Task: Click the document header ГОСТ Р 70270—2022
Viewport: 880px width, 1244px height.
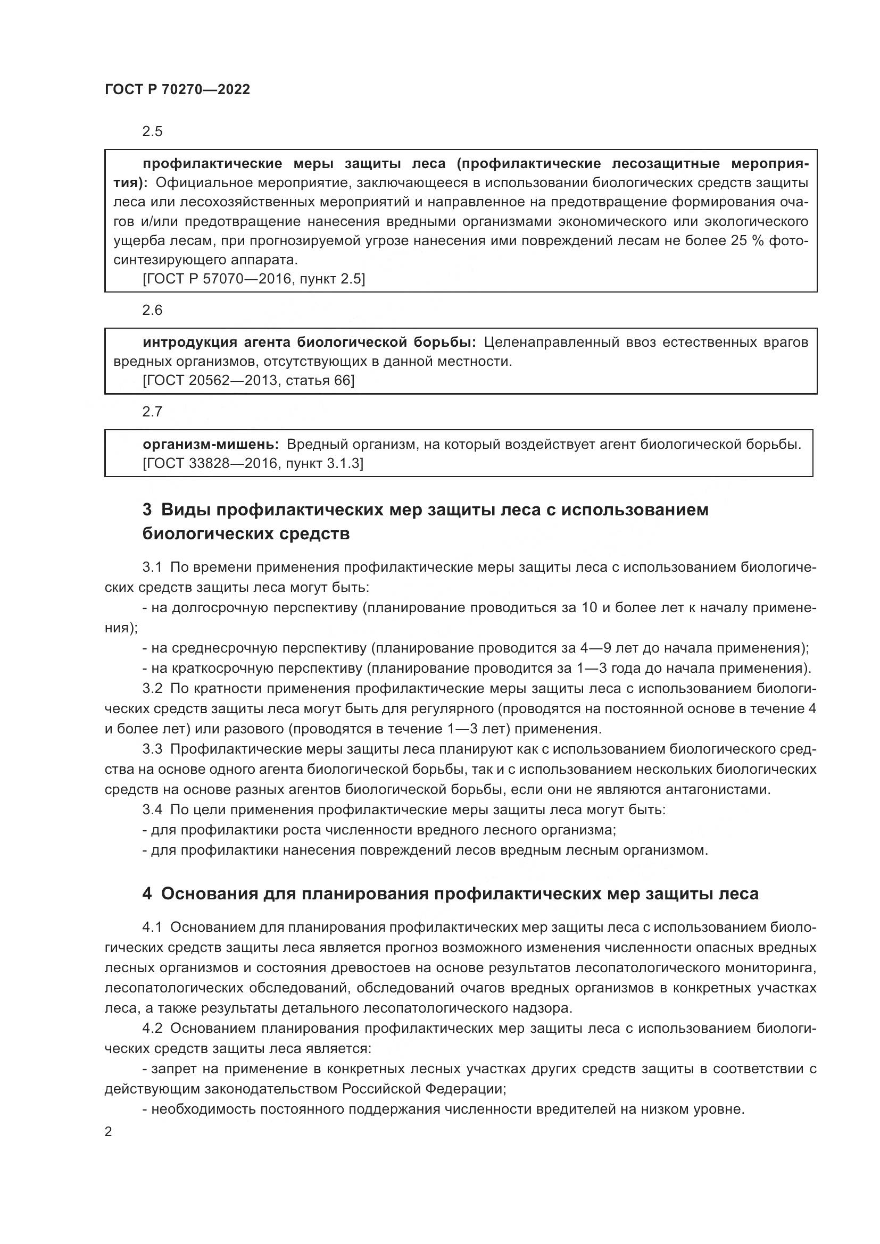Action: pyautogui.click(x=177, y=90)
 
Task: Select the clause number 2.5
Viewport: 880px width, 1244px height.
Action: pyautogui.click(x=152, y=132)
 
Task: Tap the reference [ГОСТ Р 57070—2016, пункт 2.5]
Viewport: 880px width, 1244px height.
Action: pyautogui.click(x=254, y=279)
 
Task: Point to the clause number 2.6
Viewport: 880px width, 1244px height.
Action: pyautogui.click(x=152, y=310)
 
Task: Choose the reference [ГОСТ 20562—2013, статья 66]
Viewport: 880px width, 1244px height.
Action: pyautogui.click(x=248, y=380)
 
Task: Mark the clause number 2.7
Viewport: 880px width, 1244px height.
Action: pyautogui.click(x=152, y=412)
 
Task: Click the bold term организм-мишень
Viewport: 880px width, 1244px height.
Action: pyautogui.click(x=211, y=445)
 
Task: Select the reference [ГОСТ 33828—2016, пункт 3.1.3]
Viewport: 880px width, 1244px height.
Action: pyautogui.click(x=253, y=464)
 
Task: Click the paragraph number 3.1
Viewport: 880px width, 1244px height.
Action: pyautogui.click(x=152, y=567)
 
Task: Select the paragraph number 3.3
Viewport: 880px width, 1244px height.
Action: pyautogui.click(x=152, y=749)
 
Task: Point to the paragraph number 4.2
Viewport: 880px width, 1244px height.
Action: pyautogui.click(x=152, y=1029)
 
